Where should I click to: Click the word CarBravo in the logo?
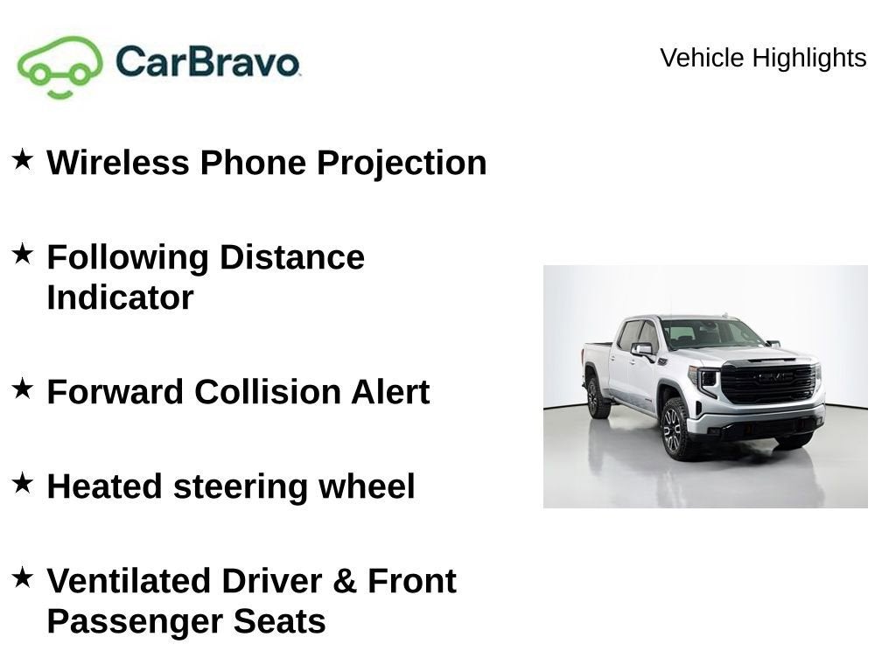coord(207,61)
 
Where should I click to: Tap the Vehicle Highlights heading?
coord(763,58)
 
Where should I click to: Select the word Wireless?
coord(118,162)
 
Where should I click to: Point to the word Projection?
coord(402,164)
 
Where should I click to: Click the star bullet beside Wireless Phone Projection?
coord(22,159)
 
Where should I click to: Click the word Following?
coord(128,258)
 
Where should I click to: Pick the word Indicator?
coord(120,297)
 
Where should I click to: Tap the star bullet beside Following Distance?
coord(22,254)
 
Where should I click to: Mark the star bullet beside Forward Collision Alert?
coord(22,388)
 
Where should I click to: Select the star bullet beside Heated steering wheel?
coord(22,483)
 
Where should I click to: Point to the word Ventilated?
coord(128,581)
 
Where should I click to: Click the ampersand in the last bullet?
coord(345,581)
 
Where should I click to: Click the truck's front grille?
coord(768,382)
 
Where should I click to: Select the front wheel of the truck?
coord(675,429)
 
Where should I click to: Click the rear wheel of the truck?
coord(596,397)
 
